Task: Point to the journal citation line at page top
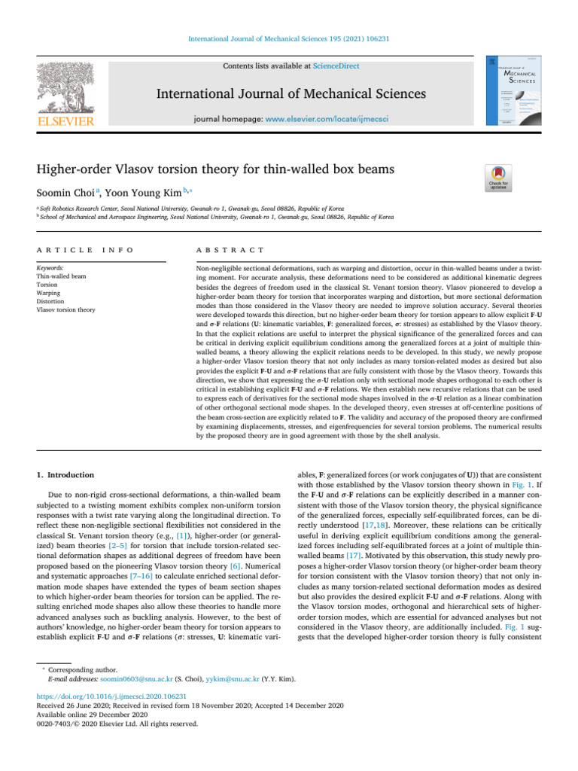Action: pyautogui.click(x=288, y=38)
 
